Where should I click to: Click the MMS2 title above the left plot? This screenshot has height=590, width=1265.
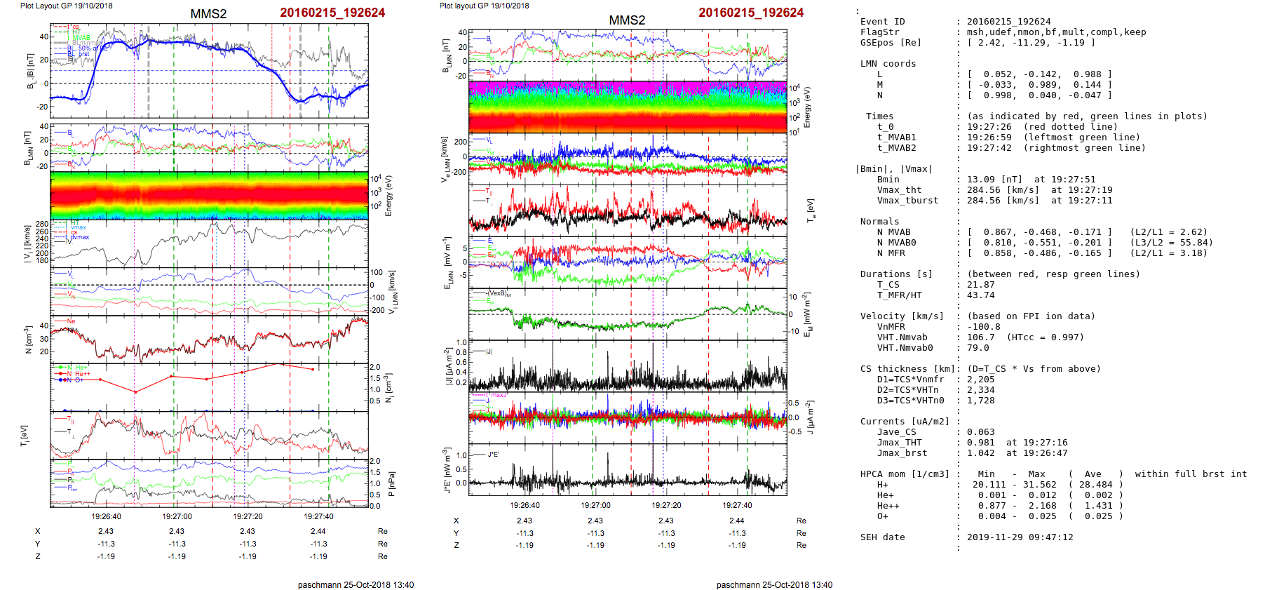[208, 14]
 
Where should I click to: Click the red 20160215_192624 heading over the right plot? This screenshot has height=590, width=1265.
[750, 13]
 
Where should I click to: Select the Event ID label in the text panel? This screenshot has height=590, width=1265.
[882, 22]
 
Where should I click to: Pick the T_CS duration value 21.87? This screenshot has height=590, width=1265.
[980, 285]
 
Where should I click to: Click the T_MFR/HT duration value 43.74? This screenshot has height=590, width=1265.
[980, 295]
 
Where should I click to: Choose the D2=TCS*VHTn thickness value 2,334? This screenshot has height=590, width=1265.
[980, 390]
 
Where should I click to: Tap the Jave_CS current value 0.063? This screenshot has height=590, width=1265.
[980, 432]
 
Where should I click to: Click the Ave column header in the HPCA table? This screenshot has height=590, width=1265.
[1092, 474]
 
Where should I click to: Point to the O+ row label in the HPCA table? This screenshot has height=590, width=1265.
[882, 516]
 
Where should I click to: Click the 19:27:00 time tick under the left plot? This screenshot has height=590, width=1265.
[177, 516]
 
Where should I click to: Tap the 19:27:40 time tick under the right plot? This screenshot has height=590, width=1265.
[737, 505]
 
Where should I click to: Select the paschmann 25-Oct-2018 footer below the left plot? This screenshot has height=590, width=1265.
[356, 584]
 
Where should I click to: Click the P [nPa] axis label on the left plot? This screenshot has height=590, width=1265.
[391, 483]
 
